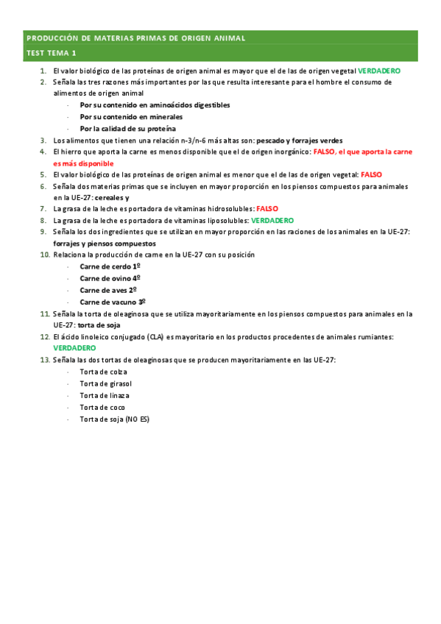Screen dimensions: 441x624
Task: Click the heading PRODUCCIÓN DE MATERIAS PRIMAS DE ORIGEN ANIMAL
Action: click(135, 38)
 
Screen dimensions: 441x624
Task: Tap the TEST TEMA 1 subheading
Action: click(51, 54)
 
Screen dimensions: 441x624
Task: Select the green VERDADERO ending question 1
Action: click(379, 71)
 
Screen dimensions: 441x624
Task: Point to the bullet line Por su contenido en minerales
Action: click(131, 117)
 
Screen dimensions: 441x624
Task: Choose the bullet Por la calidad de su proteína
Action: click(127, 129)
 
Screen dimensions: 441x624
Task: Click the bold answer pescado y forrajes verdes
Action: click(294, 140)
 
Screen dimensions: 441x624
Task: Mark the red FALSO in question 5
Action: click(371, 174)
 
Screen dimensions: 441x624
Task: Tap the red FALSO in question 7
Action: click(267, 209)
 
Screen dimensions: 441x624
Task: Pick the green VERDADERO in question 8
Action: click(272, 220)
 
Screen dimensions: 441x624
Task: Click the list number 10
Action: click(44, 255)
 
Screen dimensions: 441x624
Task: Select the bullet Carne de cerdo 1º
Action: click(110, 266)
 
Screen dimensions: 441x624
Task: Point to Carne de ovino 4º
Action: click(110, 278)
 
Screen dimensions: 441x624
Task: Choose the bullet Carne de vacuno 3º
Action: click(113, 302)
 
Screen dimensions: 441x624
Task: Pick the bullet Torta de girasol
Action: click(106, 383)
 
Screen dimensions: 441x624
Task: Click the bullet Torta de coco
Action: click(102, 407)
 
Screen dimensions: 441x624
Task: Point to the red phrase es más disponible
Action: click(84, 163)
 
